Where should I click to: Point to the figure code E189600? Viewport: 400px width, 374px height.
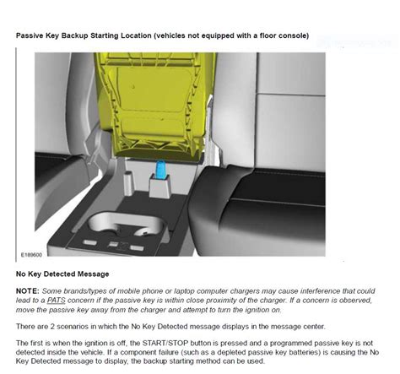pyautogui.click(x=32, y=252)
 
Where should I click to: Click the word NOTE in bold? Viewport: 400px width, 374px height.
pyautogui.click(x=28, y=289)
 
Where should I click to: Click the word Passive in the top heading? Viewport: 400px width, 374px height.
pyautogui.click(x=32, y=36)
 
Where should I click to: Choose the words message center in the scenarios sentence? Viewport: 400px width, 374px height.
pyautogui.click(x=282, y=325)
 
